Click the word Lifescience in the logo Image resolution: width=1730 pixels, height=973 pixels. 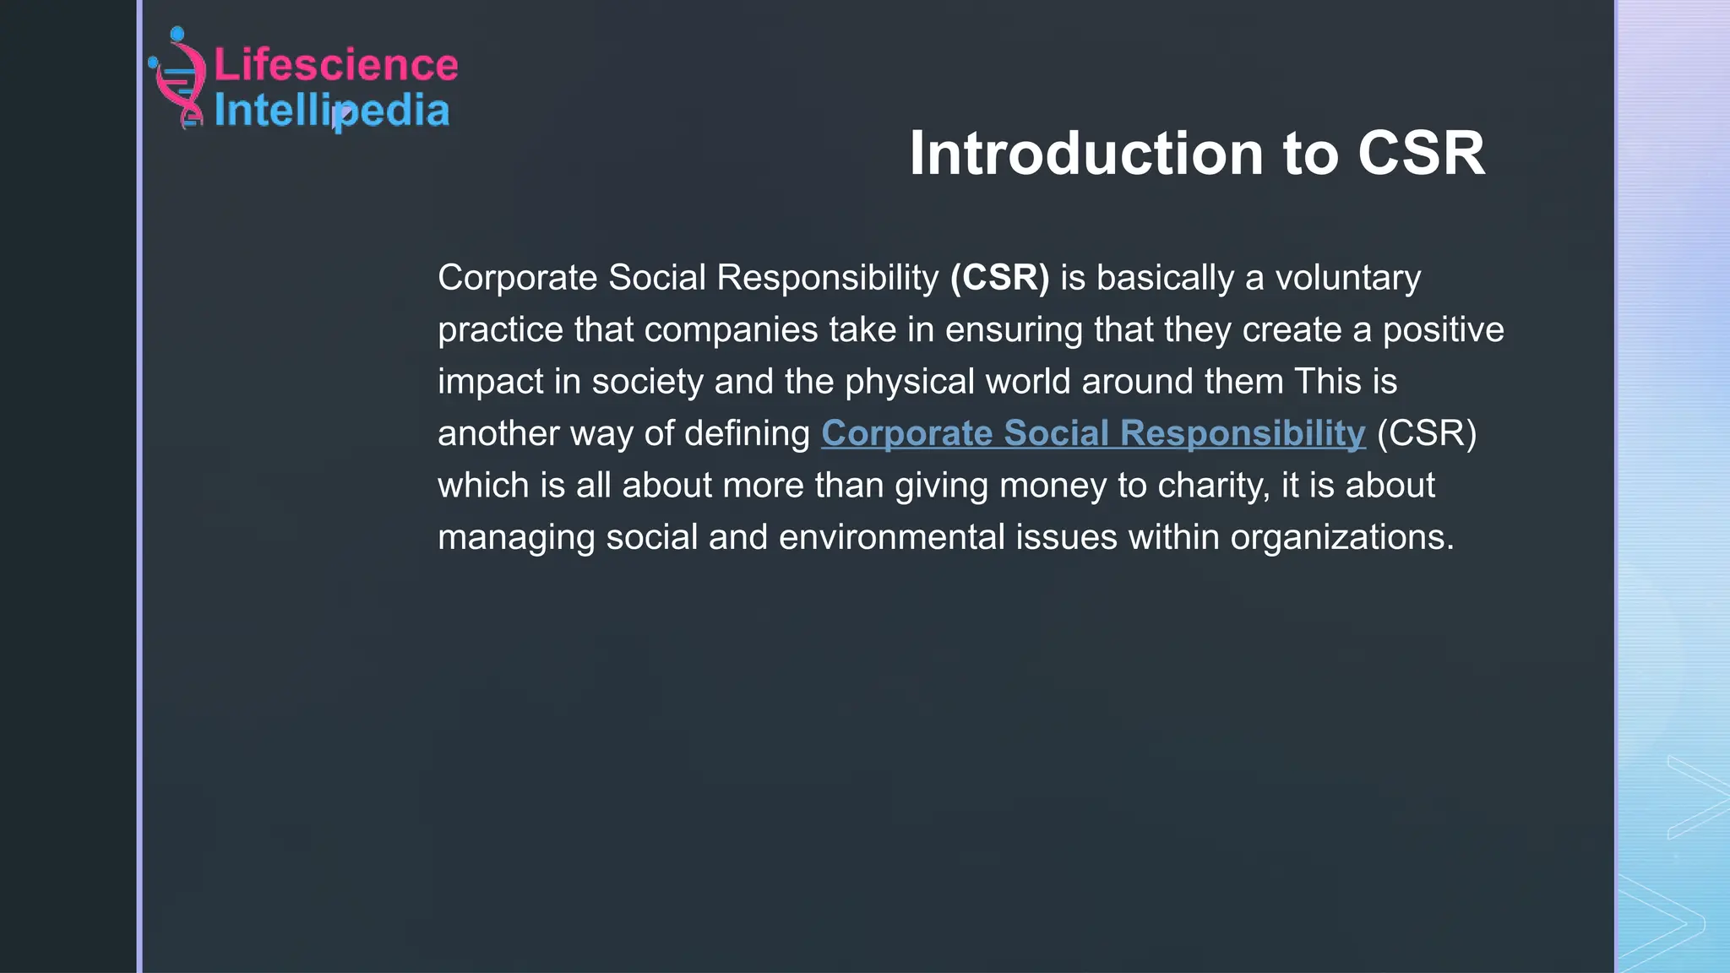tap(335, 65)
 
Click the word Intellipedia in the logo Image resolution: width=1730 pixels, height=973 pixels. tap(331, 111)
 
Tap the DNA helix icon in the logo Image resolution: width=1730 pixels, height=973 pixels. tap(179, 79)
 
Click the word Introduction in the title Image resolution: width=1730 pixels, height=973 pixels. tap(1085, 154)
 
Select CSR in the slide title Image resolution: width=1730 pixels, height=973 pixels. tap(1421, 154)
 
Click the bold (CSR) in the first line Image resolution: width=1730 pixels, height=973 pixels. tap(999, 278)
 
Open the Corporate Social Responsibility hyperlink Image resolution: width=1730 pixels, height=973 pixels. tap(1093, 433)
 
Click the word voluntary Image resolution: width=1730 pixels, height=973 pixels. tap(1347, 278)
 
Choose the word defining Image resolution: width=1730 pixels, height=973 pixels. tap(747, 434)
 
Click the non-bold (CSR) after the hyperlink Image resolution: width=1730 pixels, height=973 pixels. tap(1427, 433)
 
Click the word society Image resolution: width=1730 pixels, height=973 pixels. tap(647, 382)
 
